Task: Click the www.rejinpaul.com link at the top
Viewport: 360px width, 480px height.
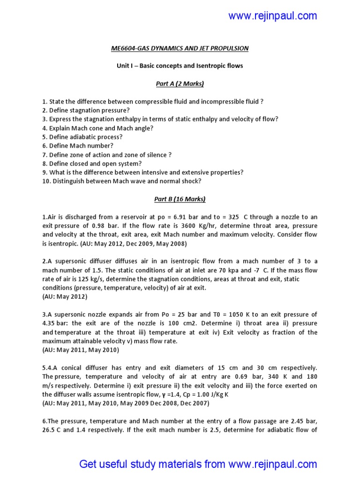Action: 272,16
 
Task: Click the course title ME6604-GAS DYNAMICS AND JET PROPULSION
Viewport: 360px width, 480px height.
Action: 180,48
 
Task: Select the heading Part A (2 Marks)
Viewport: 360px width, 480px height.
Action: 180,84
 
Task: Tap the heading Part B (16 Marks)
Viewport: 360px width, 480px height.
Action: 180,199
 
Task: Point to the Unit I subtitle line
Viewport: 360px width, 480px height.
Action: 180,66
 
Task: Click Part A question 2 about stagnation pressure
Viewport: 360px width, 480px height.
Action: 86,111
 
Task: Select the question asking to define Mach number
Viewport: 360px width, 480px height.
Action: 78,146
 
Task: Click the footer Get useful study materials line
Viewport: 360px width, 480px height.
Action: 198,464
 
